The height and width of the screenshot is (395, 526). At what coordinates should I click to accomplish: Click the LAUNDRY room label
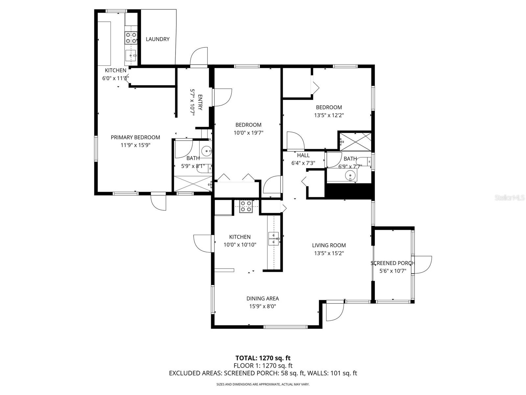(x=157, y=39)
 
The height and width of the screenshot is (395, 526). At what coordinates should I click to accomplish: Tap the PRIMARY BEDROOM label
(x=135, y=137)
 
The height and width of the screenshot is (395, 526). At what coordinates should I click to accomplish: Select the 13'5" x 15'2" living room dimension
(x=329, y=253)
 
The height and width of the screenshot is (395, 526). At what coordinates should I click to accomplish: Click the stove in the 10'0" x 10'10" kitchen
(x=246, y=206)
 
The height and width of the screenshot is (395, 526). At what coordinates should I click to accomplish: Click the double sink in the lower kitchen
(x=274, y=239)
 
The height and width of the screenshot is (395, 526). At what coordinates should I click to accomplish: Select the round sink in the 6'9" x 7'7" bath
(x=351, y=176)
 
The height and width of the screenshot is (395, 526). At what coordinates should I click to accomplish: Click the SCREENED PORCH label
(x=393, y=263)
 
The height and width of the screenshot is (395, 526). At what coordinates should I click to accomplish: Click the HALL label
(x=303, y=155)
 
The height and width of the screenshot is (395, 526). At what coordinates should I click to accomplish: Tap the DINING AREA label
(x=262, y=299)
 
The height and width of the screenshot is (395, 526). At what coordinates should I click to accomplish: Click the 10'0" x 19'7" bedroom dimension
(x=248, y=133)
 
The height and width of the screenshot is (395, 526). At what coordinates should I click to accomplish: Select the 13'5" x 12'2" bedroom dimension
(x=329, y=115)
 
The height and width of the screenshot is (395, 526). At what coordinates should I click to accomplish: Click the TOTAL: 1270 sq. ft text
(x=263, y=358)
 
